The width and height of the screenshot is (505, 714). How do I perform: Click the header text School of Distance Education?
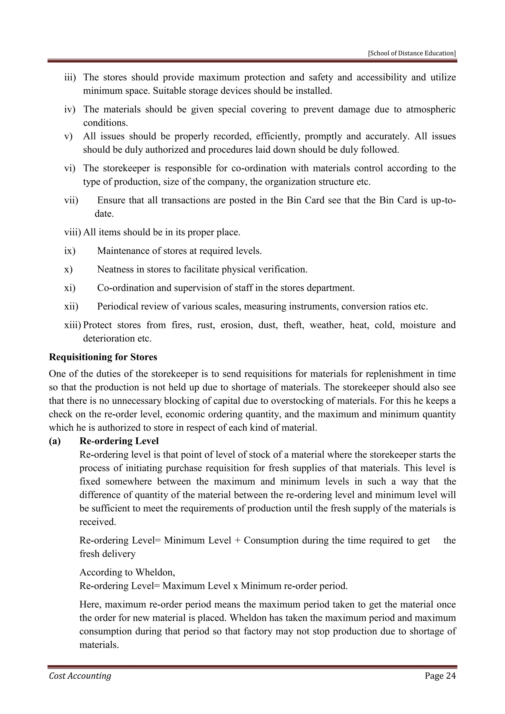[x=412, y=53]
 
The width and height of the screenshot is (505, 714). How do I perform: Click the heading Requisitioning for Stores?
[x=103, y=357]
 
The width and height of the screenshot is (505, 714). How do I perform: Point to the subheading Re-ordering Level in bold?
[x=119, y=441]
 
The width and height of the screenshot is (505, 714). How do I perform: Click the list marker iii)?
[x=70, y=77]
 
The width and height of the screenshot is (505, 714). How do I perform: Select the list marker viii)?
[x=72, y=232]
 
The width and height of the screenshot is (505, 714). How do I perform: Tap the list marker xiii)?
[x=72, y=325]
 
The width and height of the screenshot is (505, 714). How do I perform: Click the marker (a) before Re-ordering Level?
[x=55, y=441]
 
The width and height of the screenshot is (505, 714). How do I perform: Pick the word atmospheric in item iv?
[x=431, y=109]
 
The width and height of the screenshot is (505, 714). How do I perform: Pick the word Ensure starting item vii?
[x=110, y=200]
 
